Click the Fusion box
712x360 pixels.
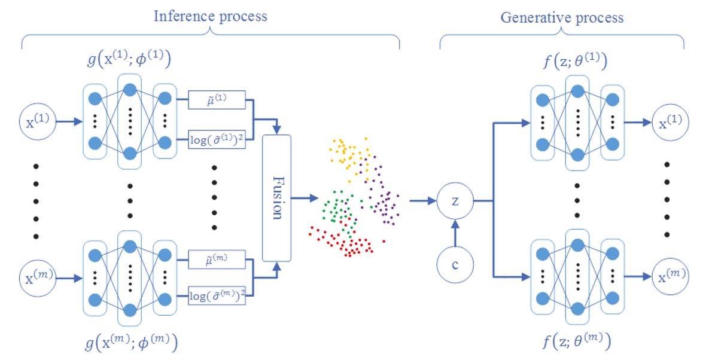[276, 198]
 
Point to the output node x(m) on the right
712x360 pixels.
[670, 276]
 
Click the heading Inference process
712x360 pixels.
[211, 16]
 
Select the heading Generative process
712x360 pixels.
[561, 17]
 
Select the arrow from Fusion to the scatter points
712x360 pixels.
[306, 198]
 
